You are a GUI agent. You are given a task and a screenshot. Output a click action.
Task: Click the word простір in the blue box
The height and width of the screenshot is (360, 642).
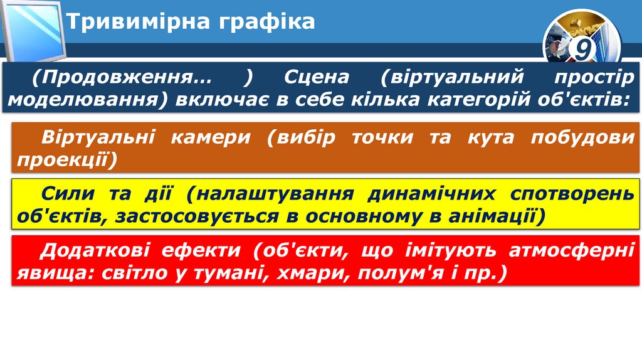click(593, 78)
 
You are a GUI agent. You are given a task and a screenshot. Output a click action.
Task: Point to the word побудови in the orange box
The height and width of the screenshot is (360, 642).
click(582, 137)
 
